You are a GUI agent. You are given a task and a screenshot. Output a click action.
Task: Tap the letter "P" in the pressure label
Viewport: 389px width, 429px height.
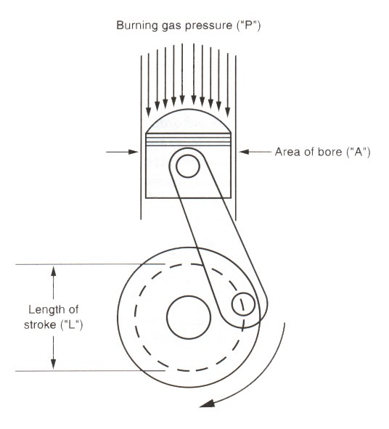(x=248, y=25)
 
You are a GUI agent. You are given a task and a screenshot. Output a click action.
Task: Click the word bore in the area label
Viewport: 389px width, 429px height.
(x=330, y=152)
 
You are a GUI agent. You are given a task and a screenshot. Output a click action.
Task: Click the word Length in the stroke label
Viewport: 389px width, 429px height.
(x=44, y=310)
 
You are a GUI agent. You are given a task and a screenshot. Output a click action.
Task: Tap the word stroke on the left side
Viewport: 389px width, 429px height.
(x=40, y=324)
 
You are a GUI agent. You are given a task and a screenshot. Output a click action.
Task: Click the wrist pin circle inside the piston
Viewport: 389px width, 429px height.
(x=188, y=166)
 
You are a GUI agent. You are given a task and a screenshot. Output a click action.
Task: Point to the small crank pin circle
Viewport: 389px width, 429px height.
(x=243, y=303)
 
